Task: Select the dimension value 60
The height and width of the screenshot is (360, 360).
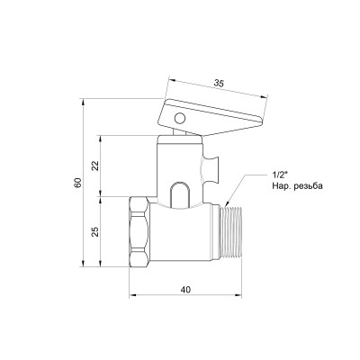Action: click(79, 183)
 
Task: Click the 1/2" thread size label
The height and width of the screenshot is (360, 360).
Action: click(279, 175)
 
